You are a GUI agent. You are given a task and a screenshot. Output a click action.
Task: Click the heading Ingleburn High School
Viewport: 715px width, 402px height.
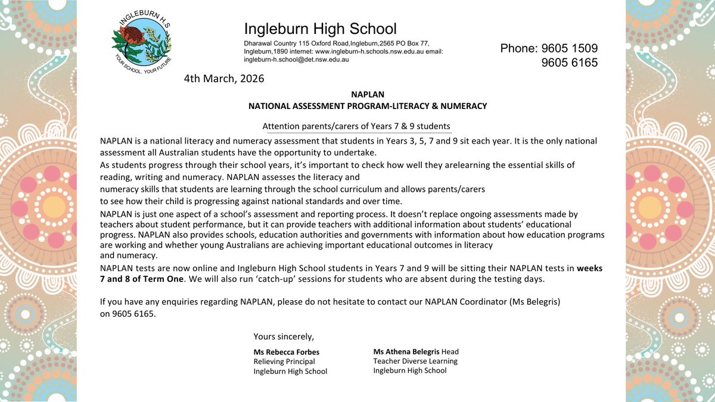320,28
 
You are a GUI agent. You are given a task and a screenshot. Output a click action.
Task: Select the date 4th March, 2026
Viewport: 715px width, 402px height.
223,78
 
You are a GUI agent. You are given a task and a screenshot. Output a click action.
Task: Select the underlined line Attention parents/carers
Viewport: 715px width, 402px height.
356,127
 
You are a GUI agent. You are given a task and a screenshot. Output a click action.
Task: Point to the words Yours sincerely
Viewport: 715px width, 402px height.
283,336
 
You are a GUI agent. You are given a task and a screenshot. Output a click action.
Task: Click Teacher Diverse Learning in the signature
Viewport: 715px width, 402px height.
415,361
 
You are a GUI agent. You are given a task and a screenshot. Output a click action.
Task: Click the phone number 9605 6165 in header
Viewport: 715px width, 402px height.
569,63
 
